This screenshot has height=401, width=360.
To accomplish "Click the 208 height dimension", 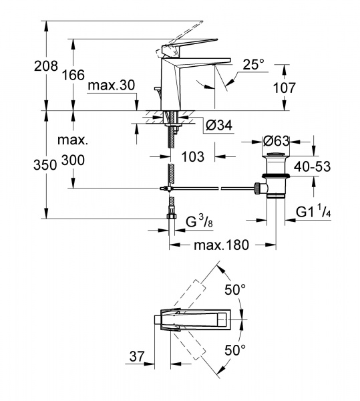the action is point(46,66).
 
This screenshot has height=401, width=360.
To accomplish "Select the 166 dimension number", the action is point(73,75).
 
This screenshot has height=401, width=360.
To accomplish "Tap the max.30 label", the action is point(111,85).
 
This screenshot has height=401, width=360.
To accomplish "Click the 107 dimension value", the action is point(285,88).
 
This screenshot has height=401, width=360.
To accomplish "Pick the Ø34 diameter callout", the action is point(219,126).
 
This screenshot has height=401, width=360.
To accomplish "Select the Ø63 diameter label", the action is point(277,141).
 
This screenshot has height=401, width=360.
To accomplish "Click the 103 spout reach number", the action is point(192,156).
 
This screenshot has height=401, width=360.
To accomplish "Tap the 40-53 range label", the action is point(312,166).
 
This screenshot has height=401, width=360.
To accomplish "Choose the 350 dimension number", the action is point(45,164).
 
